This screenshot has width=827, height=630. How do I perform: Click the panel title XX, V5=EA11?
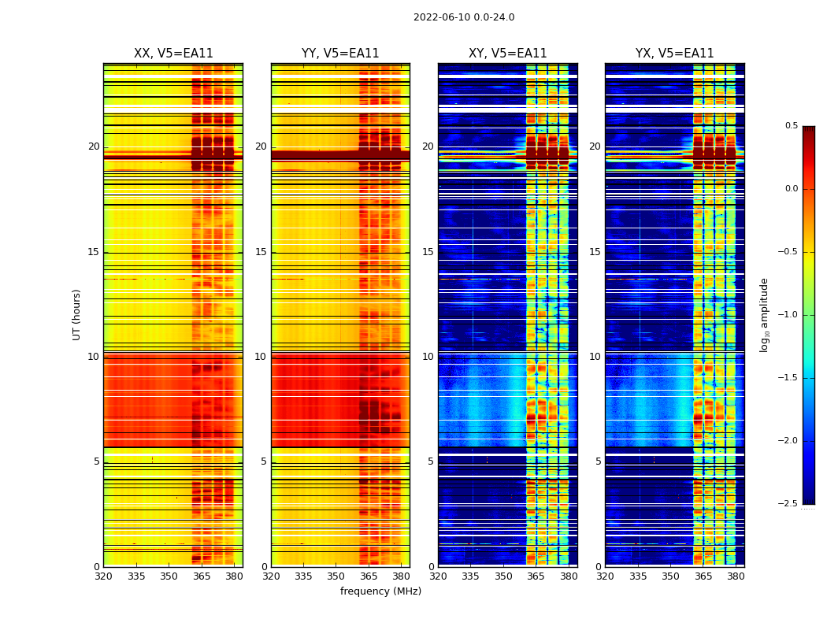coord(173,54)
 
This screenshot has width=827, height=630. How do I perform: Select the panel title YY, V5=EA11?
coord(340,54)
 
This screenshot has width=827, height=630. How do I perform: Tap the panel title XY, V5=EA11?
coord(507,54)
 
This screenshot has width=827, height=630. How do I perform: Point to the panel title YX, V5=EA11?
coord(674,54)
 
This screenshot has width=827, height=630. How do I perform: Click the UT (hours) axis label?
coord(77,314)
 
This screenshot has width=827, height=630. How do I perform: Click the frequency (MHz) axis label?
coord(380,591)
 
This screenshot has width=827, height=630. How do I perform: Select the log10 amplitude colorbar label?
coord(764,314)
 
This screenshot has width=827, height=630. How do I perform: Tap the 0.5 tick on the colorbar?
coord(791,126)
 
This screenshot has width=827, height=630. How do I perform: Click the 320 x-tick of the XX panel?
coord(103,576)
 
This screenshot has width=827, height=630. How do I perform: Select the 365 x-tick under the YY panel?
coord(369,576)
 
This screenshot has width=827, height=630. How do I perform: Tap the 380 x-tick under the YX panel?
coord(736,576)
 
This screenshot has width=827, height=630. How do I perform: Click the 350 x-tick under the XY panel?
coord(503,576)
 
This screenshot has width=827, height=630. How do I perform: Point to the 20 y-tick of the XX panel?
coord(94,146)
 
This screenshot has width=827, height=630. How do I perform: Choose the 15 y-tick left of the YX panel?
coord(595,252)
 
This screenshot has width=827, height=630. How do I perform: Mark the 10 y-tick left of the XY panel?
coord(428,357)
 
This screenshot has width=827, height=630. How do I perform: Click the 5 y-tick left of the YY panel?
coord(264,461)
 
